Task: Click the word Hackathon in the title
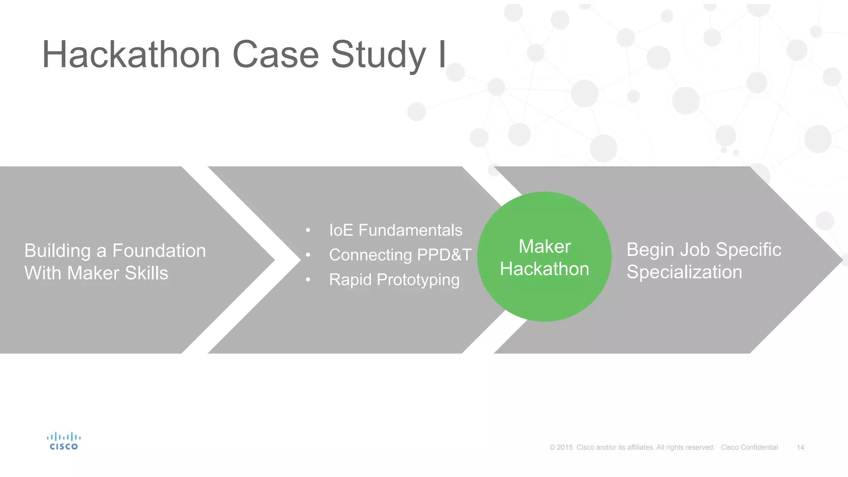tap(131, 55)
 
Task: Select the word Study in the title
tap(378, 55)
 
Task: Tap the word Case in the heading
tap(276, 55)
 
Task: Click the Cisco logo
tap(64, 441)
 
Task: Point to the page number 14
tap(800, 448)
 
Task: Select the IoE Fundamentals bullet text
tap(395, 230)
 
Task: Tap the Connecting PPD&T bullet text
tap(400, 255)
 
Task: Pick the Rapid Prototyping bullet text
tap(394, 280)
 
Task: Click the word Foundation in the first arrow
tap(159, 251)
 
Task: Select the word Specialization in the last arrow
tap(684, 272)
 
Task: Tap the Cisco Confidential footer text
tap(749, 448)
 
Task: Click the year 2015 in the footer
tap(564, 448)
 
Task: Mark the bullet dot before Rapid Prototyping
tap(308, 280)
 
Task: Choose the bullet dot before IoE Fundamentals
tap(308, 231)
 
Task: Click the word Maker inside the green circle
tap(544, 247)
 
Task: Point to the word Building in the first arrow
tap(58, 251)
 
